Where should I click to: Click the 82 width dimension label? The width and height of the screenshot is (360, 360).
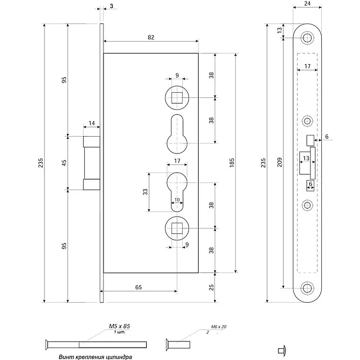pyautogui.click(x=151, y=37)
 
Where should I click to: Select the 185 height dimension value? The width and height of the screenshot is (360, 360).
pyautogui.click(x=231, y=163)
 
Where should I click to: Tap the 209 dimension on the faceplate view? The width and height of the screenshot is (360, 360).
pyautogui.click(x=281, y=163)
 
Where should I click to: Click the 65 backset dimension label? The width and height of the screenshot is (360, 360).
pyautogui.click(x=138, y=287)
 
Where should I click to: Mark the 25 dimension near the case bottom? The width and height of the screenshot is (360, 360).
pyautogui.click(x=211, y=288)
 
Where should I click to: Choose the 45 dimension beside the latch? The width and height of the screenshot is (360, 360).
pyautogui.click(x=64, y=163)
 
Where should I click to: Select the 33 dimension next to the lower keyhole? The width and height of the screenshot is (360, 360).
pyautogui.click(x=145, y=192)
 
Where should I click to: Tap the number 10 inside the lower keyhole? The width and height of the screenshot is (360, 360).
pyautogui.click(x=177, y=200)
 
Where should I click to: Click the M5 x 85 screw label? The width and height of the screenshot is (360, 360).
pyautogui.click(x=119, y=326)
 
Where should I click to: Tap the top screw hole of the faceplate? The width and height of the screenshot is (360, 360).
pyautogui.click(x=307, y=39)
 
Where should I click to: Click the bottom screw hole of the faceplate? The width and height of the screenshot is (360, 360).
pyautogui.click(x=307, y=288)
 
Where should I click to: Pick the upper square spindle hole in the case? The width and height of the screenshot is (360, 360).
pyautogui.click(x=177, y=97)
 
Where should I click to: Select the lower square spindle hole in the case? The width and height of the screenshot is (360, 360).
pyautogui.click(x=177, y=227)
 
